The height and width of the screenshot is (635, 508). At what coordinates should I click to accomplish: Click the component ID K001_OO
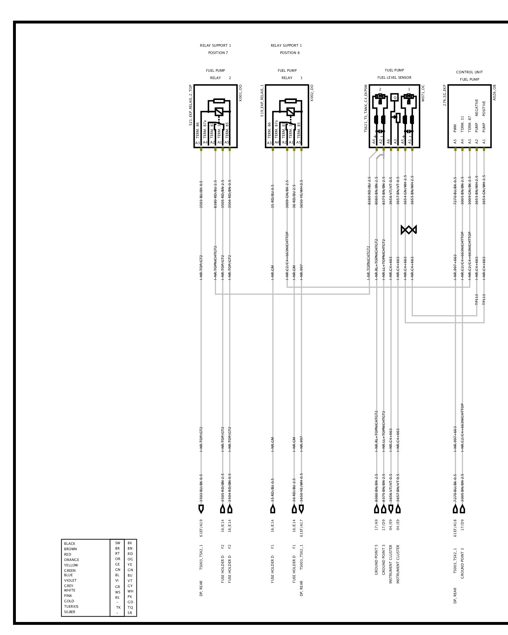[x=240, y=93]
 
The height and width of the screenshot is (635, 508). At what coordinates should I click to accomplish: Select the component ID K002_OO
[x=312, y=93]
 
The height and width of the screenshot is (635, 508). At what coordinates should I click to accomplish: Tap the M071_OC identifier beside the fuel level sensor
[x=423, y=93]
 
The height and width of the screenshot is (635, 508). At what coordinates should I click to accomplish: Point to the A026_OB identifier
[x=494, y=93]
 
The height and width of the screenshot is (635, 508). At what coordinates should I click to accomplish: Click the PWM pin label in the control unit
[x=455, y=128]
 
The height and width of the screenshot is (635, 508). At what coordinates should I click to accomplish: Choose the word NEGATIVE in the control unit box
[x=477, y=108]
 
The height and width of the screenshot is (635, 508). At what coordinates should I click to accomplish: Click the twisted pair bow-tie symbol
[x=409, y=230]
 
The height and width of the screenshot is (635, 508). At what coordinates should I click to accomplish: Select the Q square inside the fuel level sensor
[x=395, y=97]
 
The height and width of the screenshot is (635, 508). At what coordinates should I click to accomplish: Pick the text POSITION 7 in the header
[x=218, y=53]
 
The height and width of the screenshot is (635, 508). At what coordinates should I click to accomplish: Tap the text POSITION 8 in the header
[x=290, y=53]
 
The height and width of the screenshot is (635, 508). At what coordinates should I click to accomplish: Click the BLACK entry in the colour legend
[x=70, y=544]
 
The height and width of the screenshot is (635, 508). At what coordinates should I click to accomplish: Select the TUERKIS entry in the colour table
[x=71, y=606]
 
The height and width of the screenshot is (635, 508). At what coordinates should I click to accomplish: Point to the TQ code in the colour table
[x=130, y=607]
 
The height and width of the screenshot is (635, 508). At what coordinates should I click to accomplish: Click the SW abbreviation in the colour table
[x=117, y=543]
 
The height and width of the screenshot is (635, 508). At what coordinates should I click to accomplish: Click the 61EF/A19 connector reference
[x=201, y=528]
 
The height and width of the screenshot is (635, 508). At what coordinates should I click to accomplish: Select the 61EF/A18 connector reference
[x=455, y=528]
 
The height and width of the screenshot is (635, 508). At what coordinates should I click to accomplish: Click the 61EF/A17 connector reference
[x=301, y=528]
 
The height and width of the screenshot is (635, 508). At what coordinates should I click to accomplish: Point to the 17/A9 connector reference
[x=377, y=525]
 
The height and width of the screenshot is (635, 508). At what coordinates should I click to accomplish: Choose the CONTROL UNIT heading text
[x=469, y=72]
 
